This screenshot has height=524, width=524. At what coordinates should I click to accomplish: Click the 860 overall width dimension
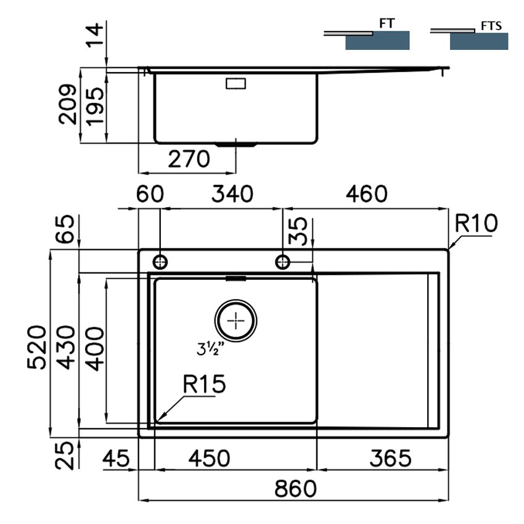(x=295, y=489)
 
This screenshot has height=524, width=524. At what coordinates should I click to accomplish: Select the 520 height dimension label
(x=37, y=347)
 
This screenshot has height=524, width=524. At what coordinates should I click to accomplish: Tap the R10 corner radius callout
(x=476, y=223)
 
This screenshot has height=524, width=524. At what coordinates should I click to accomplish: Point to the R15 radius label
(x=204, y=384)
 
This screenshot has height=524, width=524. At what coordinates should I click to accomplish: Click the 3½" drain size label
(x=210, y=348)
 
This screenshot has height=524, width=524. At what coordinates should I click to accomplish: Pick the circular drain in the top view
(x=236, y=321)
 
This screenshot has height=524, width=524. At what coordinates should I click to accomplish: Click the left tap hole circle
(x=160, y=262)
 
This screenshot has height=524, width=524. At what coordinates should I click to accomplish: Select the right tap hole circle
(x=283, y=262)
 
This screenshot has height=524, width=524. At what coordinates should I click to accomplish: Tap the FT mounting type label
(x=387, y=23)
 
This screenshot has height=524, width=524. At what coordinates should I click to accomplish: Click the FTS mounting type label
(x=491, y=26)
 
